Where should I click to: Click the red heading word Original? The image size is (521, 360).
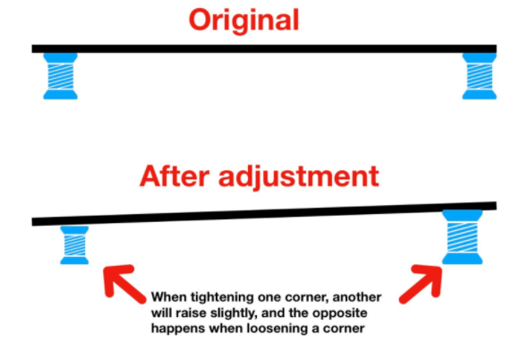tap(244, 21)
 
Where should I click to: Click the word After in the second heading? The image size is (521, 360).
tap(174, 176)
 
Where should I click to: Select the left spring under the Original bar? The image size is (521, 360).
tap(61, 76)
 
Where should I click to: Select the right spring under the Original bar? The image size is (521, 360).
tap(480, 76)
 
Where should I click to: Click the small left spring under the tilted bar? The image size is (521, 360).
tap(74, 245)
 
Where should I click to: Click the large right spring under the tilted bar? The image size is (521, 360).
tap(462, 237)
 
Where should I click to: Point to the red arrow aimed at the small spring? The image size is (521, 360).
tap(124, 283)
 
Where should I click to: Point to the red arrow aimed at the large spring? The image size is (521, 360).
tap(422, 283)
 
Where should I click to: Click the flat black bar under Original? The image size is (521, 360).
tap(264, 49)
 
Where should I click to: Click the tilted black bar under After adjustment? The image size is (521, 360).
tap(264, 214)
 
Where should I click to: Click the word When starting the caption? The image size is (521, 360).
tap(169, 296)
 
